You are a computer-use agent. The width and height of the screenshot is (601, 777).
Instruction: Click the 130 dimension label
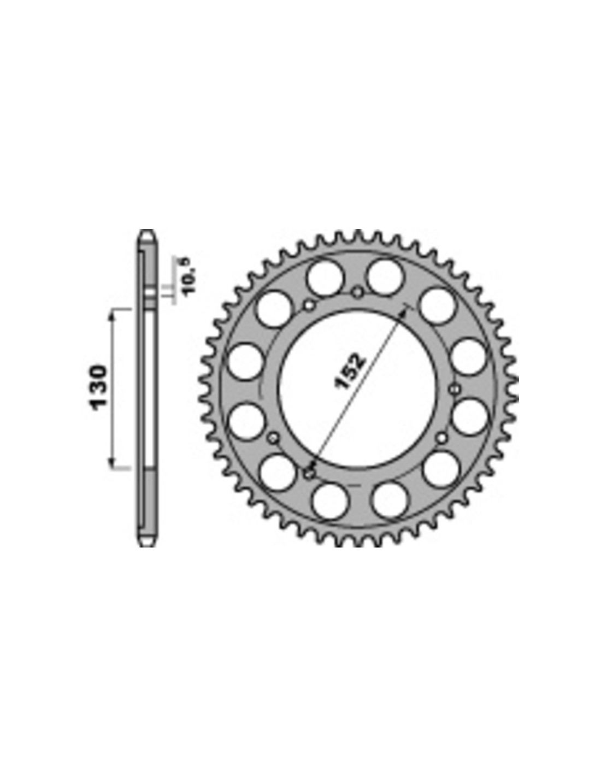(98, 387)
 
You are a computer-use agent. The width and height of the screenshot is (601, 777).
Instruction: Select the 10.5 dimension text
(190, 276)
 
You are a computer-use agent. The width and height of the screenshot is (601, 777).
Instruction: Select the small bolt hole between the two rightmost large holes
(455, 388)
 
